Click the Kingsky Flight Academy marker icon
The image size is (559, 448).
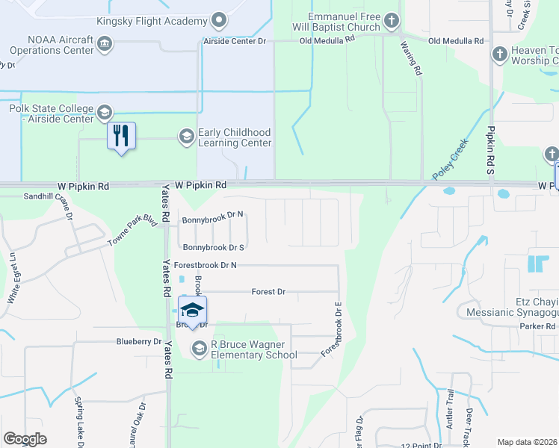219,19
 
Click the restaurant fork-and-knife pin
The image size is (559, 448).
121,136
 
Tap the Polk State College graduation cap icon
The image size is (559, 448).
104,113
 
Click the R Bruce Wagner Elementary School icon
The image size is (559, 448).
199,348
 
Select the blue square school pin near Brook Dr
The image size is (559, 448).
192,311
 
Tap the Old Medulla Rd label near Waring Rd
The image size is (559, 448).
456,42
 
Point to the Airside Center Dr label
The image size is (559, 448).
235,42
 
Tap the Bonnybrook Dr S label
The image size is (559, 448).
214,247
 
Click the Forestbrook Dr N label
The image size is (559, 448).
205,265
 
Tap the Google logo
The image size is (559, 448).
25,439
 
